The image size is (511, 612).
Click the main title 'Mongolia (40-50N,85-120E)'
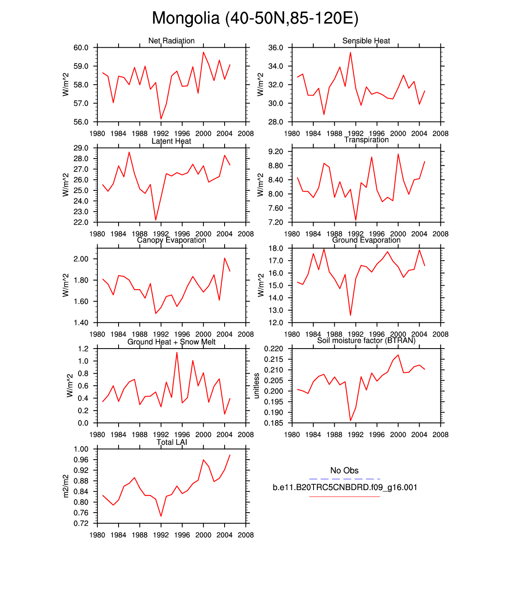255,18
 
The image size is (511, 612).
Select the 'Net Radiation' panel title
171,40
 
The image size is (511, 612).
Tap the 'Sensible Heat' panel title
366,40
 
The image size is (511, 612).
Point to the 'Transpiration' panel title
366,140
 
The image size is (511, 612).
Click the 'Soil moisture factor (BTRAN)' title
366,341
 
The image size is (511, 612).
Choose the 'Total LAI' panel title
172,442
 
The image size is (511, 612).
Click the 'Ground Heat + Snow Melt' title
171,342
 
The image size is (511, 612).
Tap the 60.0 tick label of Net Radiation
81,48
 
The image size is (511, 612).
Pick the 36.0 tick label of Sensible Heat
276,48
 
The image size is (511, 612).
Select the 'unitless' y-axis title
257,386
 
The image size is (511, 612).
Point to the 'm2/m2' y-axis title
66,486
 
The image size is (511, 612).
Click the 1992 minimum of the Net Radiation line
161,119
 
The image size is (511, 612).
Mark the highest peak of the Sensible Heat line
350,52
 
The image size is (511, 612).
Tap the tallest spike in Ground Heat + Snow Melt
177,352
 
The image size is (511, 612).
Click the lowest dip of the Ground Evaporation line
350,315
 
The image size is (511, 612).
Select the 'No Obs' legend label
344,470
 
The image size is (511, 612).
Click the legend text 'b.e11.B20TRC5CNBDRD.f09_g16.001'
345,487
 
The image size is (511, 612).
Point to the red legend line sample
344,496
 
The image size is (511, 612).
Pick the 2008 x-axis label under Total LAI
245,535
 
